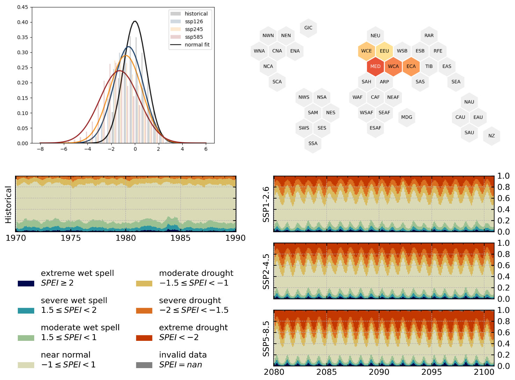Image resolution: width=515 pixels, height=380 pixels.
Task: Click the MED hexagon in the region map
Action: click(x=375, y=66)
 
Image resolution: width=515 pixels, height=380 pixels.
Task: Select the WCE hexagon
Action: click(x=366, y=51)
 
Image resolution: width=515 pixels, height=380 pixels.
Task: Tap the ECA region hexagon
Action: click(x=411, y=66)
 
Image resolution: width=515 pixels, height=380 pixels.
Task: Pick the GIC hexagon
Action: click(x=308, y=28)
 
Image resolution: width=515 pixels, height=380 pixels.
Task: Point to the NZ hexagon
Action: click(x=492, y=136)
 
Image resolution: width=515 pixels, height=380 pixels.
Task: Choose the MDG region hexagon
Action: click(x=406, y=117)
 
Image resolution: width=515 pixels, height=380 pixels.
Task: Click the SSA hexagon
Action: click(x=313, y=144)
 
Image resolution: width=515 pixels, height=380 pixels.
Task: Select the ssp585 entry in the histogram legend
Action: click(x=194, y=37)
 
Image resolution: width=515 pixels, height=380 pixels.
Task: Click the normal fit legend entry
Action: click(x=197, y=45)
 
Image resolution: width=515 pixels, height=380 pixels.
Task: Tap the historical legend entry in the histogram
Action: click(x=196, y=14)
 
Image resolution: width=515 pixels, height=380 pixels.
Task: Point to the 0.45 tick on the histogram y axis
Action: click(x=23, y=7)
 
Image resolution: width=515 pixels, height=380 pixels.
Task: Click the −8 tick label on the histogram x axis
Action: click(x=40, y=149)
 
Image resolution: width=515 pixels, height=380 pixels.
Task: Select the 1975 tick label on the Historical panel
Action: click(x=71, y=238)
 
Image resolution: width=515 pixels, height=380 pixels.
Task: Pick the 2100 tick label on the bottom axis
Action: click(x=484, y=372)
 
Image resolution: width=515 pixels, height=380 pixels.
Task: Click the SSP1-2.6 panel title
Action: click(x=266, y=204)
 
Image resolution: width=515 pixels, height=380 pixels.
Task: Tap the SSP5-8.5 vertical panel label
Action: click(x=266, y=338)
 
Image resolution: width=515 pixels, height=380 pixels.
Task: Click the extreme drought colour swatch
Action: click(x=144, y=338)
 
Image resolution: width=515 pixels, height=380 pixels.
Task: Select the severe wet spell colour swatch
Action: click(x=26, y=311)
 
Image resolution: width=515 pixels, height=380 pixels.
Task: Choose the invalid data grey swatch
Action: click(x=144, y=365)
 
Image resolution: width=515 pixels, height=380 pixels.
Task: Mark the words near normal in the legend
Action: click(x=66, y=355)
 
